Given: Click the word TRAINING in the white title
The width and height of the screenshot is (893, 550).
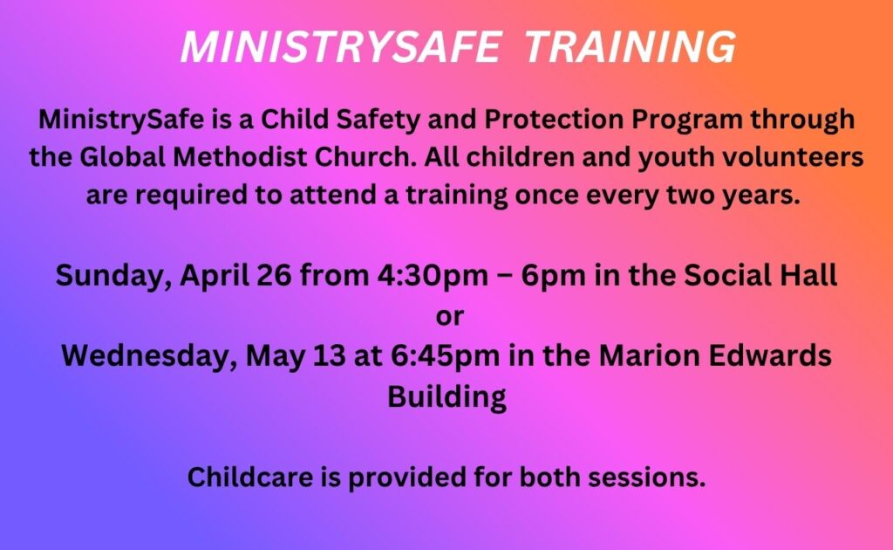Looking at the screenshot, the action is point(630,47).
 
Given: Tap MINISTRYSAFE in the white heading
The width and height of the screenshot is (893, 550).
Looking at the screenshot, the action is point(341,47).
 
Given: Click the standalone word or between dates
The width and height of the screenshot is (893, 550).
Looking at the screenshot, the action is point(449,317).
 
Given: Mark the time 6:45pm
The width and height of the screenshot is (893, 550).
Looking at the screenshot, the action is point(445,356).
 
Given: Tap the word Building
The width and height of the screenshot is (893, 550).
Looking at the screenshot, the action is point(447,396).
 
